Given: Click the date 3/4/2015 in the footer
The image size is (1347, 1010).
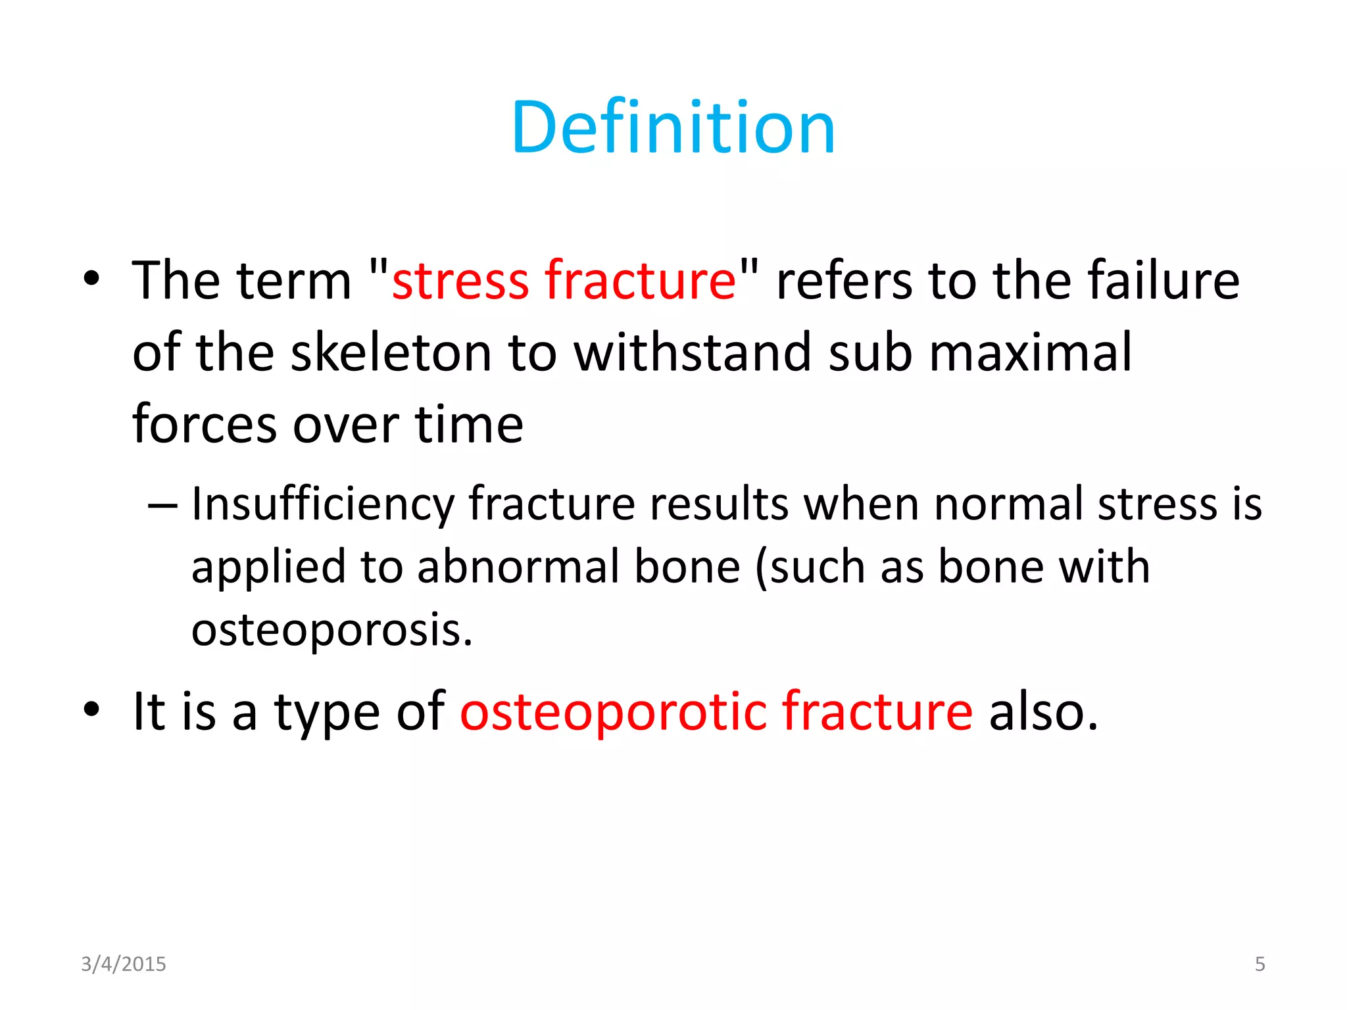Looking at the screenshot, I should click(x=123, y=964).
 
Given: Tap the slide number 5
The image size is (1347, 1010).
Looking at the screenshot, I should click(x=1260, y=964).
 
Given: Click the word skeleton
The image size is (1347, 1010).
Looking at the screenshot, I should click(x=391, y=353).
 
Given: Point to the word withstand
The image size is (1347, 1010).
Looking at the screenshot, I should click(x=693, y=353).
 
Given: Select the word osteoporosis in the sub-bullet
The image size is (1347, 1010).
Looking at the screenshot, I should click(x=331, y=630).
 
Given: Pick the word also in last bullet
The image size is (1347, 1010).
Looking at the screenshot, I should click(x=1043, y=711).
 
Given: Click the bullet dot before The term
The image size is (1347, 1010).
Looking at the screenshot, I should click(x=91, y=279).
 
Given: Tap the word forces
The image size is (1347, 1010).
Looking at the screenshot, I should click(x=205, y=425).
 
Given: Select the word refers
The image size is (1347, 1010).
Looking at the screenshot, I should click(x=844, y=281).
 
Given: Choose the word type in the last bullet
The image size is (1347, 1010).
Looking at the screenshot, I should click(x=326, y=713).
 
